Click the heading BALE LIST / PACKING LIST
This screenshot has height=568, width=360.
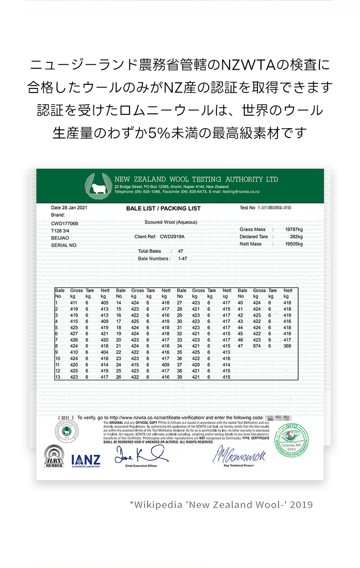click(x=163, y=209)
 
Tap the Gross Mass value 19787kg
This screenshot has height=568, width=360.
click(x=293, y=230)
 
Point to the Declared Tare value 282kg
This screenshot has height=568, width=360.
click(x=296, y=237)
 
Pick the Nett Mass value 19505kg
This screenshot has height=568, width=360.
click(x=293, y=244)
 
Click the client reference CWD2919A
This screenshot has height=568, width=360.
click(x=172, y=237)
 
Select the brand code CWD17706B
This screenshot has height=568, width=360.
click(x=65, y=224)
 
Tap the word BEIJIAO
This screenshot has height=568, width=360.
click(x=60, y=238)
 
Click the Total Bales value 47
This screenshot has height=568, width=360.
click(x=180, y=251)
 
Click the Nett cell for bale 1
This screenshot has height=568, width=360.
click(x=104, y=303)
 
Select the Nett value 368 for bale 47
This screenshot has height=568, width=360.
click(x=287, y=346)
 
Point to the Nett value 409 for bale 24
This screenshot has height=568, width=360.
click(x=165, y=365)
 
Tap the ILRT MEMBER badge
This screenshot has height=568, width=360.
click(x=54, y=457)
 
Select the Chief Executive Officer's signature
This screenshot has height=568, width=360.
click(x=140, y=454)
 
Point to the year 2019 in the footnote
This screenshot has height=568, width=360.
click(x=301, y=505)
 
